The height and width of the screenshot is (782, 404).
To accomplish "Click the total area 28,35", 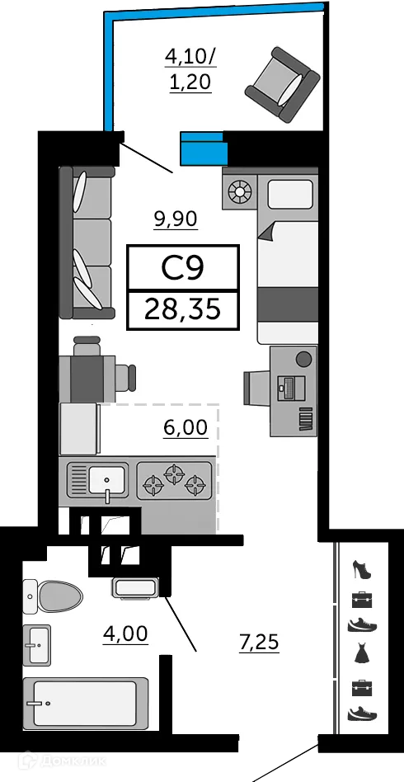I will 182,309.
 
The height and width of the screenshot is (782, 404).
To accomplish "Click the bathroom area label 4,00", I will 124,634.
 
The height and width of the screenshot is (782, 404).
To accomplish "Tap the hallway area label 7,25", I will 259,641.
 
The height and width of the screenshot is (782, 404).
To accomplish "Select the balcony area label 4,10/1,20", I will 190,69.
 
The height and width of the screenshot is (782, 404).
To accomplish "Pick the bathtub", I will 85,704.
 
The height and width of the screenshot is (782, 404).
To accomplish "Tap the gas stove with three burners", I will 174,481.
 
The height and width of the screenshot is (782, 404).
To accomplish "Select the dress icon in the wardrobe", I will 361,654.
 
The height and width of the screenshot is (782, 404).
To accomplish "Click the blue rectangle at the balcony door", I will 203,148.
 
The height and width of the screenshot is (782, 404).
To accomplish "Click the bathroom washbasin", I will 38,645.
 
